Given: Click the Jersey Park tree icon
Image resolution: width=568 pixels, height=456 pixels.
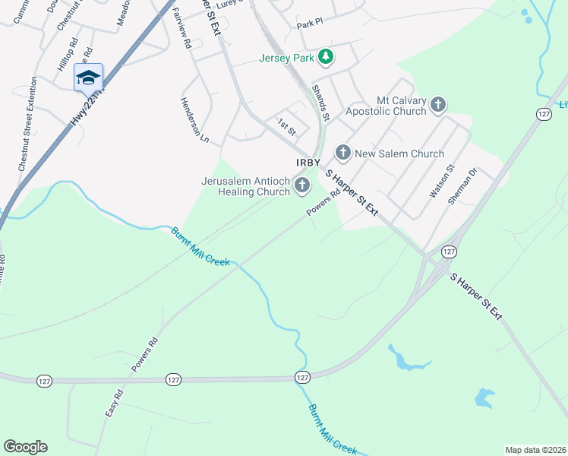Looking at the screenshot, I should (x=326, y=57).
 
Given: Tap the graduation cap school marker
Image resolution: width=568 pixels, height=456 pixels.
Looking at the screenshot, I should (x=88, y=78).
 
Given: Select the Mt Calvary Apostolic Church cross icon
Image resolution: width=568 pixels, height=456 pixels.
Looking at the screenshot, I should (x=437, y=105).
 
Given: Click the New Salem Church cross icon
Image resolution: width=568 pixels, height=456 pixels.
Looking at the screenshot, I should (x=342, y=154).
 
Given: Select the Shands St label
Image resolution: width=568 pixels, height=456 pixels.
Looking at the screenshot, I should (x=320, y=103).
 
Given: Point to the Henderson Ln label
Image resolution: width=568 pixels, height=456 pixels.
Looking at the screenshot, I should (x=194, y=120).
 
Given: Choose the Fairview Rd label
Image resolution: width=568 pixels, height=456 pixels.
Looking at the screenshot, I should (x=181, y=29).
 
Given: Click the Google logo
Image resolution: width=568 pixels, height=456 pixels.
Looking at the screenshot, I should (x=25, y=447).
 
